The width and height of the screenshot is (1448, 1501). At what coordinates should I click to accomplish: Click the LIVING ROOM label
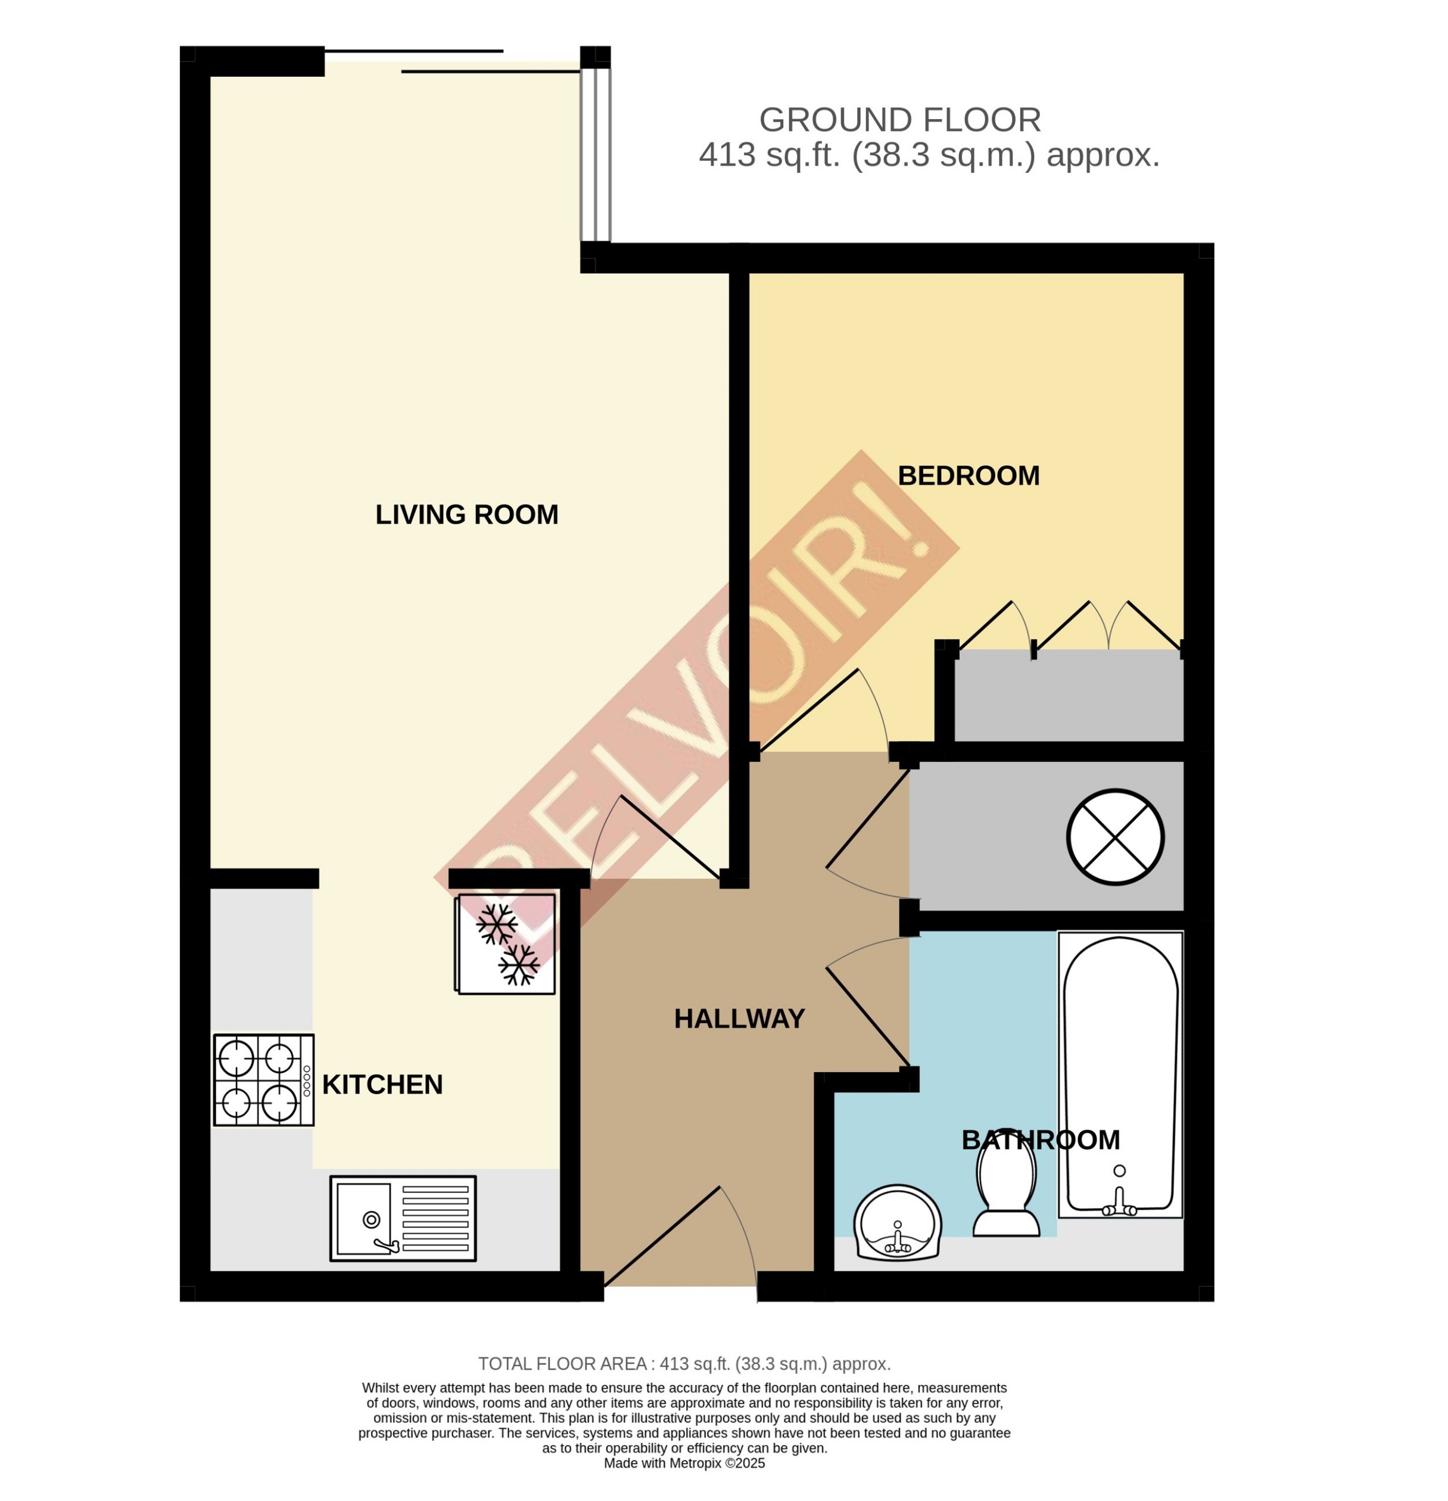point(466,515)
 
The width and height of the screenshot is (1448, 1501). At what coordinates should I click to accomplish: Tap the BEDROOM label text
point(968,475)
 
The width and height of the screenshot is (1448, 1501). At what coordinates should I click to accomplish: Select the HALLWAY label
point(739,1019)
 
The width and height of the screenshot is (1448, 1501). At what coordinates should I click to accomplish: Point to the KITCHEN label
point(382,1085)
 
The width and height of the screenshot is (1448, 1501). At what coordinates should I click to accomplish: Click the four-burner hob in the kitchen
point(263,1080)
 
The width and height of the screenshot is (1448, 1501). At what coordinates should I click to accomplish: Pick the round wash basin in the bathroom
point(898,1222)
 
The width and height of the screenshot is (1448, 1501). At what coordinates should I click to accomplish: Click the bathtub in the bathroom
point(1119,1072)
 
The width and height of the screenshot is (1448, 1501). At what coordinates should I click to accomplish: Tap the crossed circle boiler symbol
point(1115,837)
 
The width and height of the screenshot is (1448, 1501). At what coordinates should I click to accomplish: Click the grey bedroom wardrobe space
point(1067,695)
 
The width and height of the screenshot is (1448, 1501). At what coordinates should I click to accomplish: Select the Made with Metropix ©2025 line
point(684,1463)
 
